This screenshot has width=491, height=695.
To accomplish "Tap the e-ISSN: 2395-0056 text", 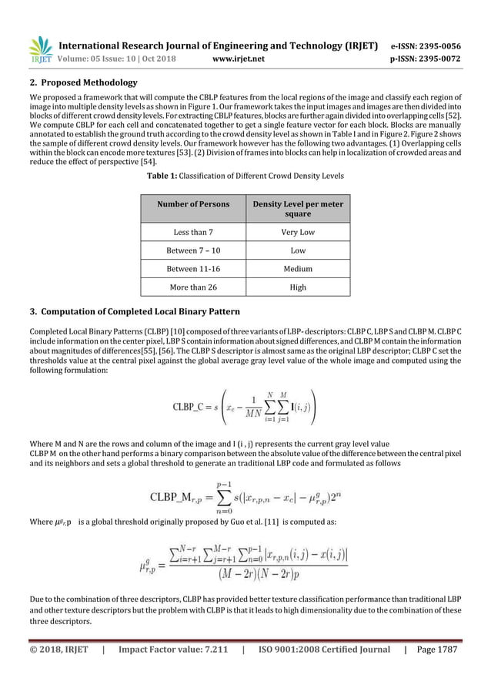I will (x=427, y=45).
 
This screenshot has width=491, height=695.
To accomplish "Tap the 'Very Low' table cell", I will (x=298, y=232).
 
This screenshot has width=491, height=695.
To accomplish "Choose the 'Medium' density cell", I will (x=298, y=269).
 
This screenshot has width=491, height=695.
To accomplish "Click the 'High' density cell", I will (x=298, y=287).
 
